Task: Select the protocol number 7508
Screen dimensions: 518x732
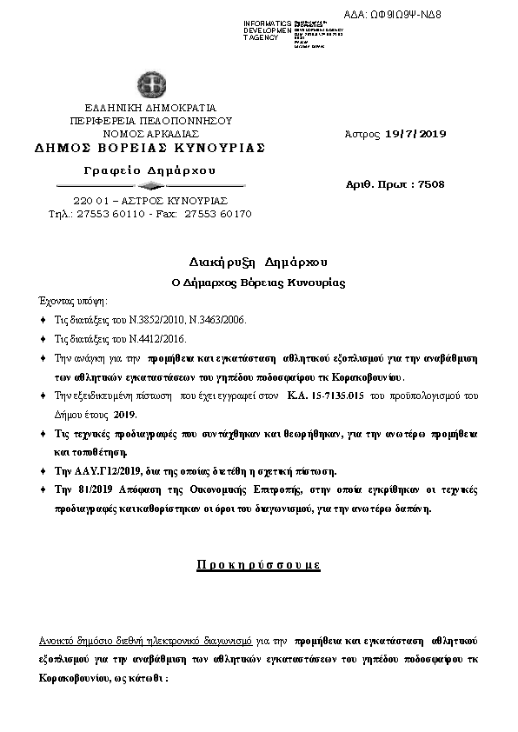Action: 431,184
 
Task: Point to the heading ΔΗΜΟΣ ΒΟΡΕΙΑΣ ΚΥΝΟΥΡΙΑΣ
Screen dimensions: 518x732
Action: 149,148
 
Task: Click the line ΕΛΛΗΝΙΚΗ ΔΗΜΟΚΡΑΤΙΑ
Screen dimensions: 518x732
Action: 149,108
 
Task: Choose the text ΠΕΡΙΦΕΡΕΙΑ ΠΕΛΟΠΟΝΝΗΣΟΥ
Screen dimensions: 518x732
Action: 149,121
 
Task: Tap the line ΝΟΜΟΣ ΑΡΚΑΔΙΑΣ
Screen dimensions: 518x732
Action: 150,134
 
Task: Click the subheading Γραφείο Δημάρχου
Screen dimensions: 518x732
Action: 149,169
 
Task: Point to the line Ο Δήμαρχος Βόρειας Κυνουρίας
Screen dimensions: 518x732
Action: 257,283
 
